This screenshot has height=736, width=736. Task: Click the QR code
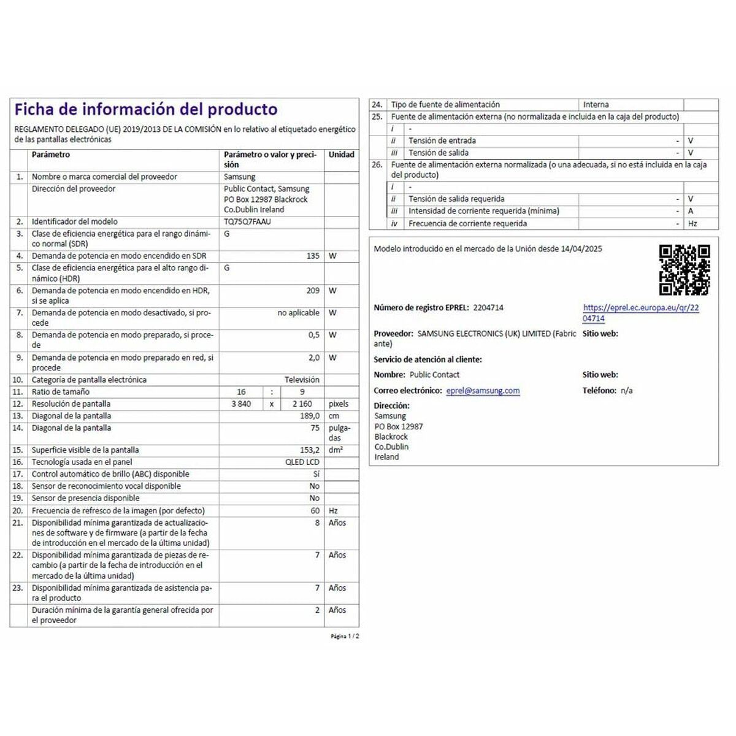(x=684, y=270)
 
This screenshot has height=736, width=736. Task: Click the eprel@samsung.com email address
(x=483, y=391)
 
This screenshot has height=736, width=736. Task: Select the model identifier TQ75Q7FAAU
(x=247, y=221)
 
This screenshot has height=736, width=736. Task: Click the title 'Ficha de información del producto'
(x=146, y=110)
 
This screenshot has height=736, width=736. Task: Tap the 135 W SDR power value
(x=313, y=256)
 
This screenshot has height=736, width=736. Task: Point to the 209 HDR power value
(x=313, y=291)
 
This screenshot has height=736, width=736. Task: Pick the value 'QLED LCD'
(x=302, y=462)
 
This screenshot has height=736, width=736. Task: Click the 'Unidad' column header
(x=341, y=155)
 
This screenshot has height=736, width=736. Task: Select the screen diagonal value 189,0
(x=309, y=416)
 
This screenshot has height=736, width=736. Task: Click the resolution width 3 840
(x=241, y=404)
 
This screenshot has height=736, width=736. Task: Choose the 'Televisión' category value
(x=302, y=380)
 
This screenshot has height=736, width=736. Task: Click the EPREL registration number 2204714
(x=488, y=308)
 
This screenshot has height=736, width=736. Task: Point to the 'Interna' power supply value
(x=596, y=105)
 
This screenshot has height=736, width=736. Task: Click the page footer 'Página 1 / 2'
(x=345, y=637)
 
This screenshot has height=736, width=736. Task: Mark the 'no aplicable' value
(x=298, y=313)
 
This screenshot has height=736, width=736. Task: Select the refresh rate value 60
(x=315, y=510)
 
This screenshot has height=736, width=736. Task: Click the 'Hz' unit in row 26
(x=692, y=224)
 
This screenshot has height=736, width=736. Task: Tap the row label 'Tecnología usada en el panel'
(x=82, y=462)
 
